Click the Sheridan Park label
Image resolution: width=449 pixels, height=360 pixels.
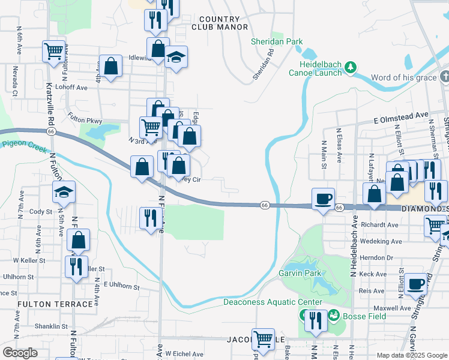pos(277,42)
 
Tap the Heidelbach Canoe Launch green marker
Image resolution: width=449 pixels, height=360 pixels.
pos(354,65)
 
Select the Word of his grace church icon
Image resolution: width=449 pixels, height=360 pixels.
pos(444,77)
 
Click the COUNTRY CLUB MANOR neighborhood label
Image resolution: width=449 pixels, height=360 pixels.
pos(220,23)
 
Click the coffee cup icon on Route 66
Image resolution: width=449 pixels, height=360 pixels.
pos(323,198)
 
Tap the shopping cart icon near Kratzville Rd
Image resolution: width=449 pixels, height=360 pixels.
pos(54,51)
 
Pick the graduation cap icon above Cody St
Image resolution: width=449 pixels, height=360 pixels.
pos(64,191)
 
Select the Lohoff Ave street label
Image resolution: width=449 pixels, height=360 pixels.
pos(71,88)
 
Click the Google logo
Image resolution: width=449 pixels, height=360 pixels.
pos(20,353)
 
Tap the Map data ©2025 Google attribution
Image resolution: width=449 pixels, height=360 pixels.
pos(411,355)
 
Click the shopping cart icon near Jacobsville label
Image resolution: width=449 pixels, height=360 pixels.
pos(263,339)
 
